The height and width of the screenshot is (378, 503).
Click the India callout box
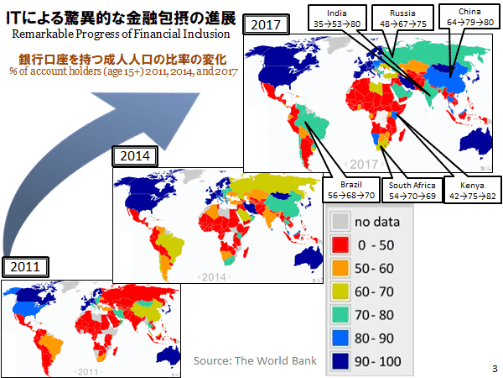(337, 18)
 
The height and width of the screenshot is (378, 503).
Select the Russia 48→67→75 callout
(403, 18)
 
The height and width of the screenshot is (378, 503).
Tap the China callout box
(469, 17)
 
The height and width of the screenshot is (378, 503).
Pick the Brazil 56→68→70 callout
(351, 190)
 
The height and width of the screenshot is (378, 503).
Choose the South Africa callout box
(412, 191)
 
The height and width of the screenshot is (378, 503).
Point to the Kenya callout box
(473, 190)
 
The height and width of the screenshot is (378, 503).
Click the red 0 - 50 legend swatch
(340, 245)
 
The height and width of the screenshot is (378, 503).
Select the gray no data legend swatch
(340, 222)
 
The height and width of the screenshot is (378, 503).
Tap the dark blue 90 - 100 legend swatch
(340, 361)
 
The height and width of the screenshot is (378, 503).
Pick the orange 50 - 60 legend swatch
(340, 269)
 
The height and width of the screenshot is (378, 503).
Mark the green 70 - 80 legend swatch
(340, 315)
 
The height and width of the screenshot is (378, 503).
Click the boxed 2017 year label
(266, 24)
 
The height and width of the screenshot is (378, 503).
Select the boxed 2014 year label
(135, 156)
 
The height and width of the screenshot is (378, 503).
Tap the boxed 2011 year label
(25, 267)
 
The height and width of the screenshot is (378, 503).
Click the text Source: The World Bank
(255, 360)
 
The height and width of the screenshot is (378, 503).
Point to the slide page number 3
(495, 369)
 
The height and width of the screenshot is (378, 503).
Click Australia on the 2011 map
(169, 355)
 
